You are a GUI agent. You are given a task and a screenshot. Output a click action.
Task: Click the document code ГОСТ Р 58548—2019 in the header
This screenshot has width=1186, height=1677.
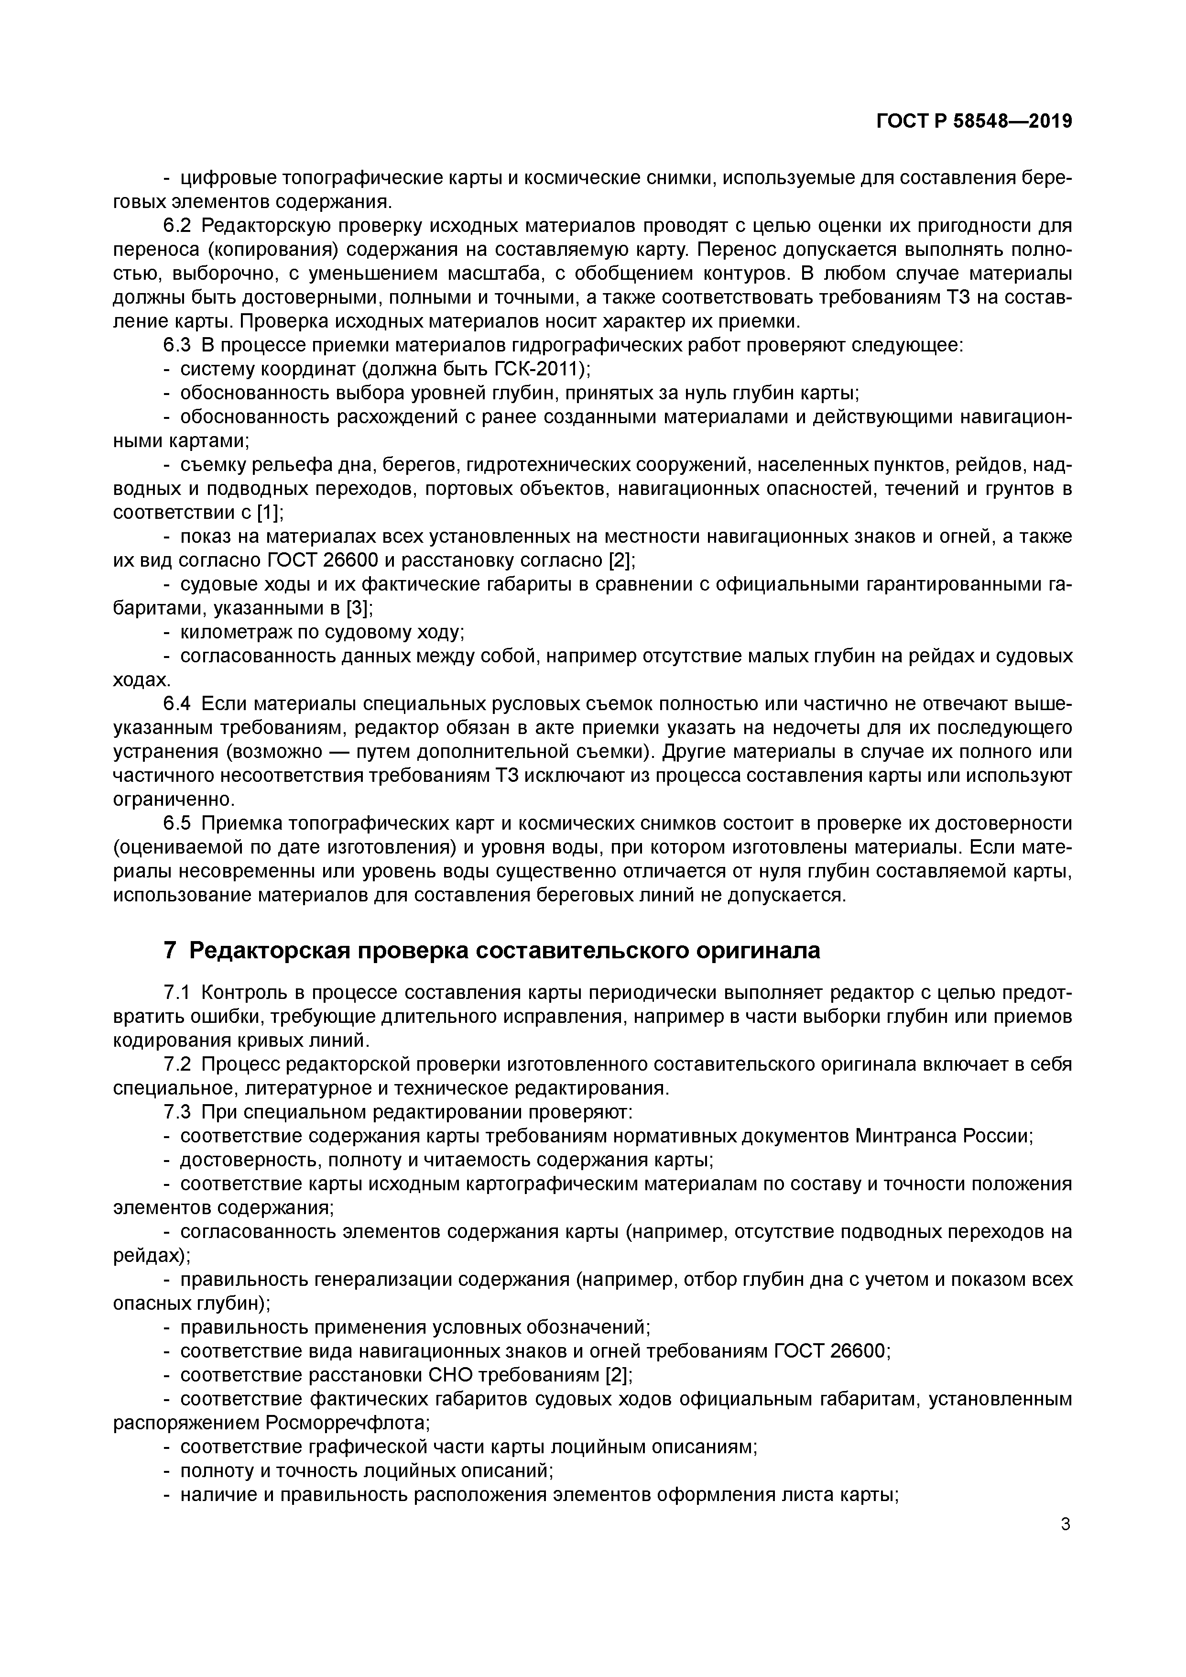click(974, 122)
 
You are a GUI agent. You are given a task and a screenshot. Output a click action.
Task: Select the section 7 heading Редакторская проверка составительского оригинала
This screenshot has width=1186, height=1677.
click(491, 950)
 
